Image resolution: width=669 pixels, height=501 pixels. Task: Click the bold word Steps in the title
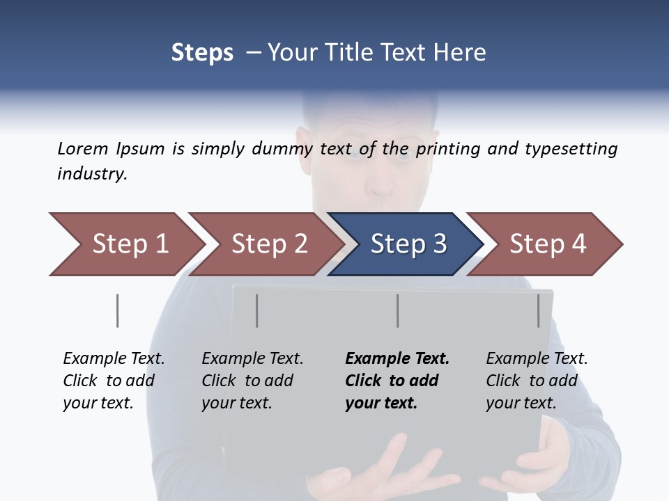(x=202, y=53)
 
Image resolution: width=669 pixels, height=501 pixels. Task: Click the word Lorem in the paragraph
(x=83, y=148)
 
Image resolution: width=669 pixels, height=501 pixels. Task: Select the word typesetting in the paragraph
(x=571, y=149)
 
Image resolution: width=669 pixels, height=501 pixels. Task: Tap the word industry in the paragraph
(x=91, y=174)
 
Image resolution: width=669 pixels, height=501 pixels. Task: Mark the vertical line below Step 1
(x=117, y=310)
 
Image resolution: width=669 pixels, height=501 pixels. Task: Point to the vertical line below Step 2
(x=257, y=310)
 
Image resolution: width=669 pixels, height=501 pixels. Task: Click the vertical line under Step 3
(x=397, y=310)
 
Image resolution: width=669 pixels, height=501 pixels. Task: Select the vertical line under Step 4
(x=538, y=310)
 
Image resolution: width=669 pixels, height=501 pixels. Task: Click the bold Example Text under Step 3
(x=396, y=381)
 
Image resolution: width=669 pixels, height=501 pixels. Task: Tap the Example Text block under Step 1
(x=113, y=381)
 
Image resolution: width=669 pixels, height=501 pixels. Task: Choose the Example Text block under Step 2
(x=252, y=381)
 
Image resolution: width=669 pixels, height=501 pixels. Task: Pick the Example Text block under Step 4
(x=536, y=381)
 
